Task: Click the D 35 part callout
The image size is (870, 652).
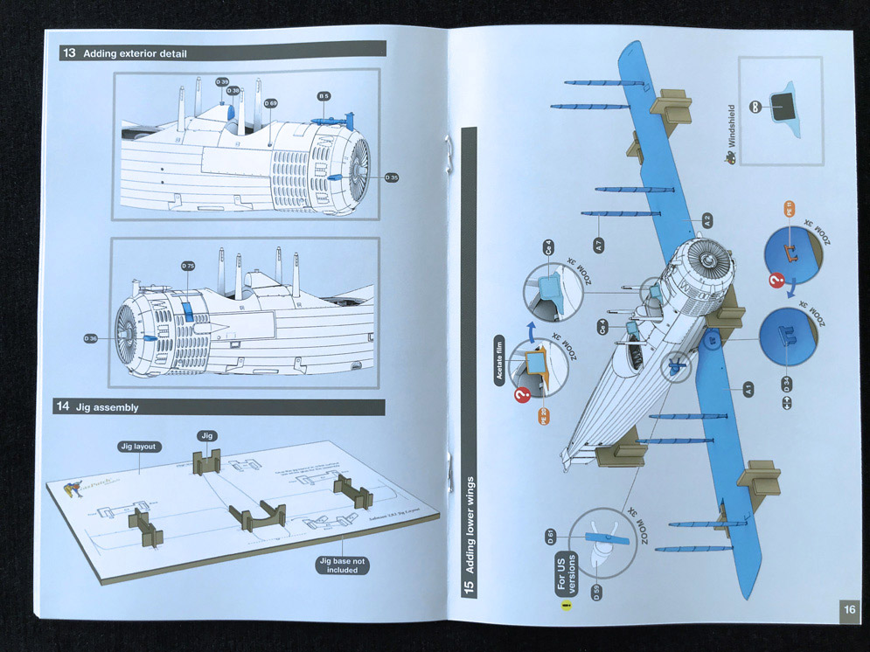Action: point(391,177)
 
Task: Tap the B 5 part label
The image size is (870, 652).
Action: point(323,95)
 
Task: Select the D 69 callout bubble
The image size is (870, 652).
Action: point(270,103)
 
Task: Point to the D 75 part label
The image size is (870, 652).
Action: point(187,265)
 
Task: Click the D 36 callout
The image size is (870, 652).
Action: point(90,337)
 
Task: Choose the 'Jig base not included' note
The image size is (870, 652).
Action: point(342,565)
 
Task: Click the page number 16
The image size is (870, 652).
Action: point(849,609)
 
